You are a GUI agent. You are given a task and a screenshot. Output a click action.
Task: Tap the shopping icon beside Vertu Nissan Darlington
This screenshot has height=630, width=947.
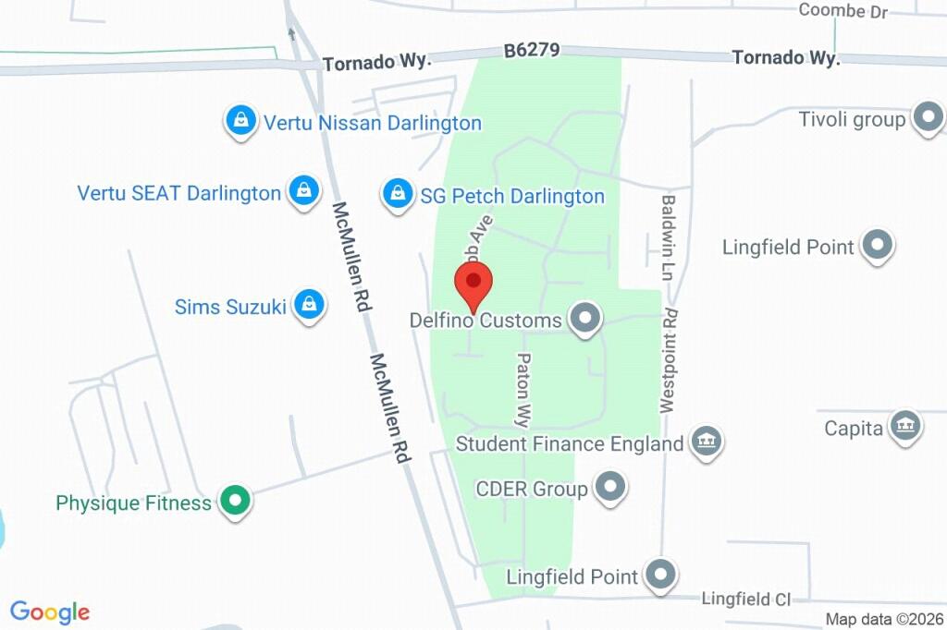[x=240, y=121]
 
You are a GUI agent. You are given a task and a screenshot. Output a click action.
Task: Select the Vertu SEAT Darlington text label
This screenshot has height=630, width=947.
[x=178, y=193]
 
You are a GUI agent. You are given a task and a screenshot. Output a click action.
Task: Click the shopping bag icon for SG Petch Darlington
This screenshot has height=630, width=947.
[x=398, y=195]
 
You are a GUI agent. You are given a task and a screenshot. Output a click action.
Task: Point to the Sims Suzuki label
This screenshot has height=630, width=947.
[x=230, y=307]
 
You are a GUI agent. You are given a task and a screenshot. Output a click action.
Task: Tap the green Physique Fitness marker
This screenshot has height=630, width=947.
[x=235, y=503]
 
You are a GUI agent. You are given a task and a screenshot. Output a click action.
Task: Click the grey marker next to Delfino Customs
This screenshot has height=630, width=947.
[x=584, y=320]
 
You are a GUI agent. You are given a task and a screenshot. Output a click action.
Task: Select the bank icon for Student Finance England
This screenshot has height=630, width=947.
[x=706, y=442]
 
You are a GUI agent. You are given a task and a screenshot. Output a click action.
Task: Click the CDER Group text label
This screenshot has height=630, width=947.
[x=531, y=488]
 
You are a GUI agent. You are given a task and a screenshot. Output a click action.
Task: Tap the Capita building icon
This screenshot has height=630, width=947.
[x=904, y=427]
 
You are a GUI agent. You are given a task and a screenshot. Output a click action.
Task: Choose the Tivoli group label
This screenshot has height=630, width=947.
[x=852, y=119]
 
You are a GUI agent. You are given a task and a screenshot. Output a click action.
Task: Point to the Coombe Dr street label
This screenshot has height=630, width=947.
[x=842, y=11]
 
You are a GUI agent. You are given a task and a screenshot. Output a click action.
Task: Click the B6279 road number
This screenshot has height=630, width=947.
[x=532, y=51]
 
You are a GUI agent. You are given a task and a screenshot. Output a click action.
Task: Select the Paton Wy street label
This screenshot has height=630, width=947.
[x=523, y=387]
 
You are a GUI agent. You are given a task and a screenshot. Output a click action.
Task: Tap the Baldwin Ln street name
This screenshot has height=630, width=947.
[x=668, y=237]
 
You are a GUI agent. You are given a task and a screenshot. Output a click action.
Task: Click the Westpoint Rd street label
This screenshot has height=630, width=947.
[x=669, y=359]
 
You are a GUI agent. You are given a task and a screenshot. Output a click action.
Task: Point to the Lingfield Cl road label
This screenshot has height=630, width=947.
[x=745, y=600]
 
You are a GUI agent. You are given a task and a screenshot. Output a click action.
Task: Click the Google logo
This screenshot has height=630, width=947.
[x=50, y=612]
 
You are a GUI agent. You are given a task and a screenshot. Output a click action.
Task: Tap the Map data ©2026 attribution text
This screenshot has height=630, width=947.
[x=885, y=619]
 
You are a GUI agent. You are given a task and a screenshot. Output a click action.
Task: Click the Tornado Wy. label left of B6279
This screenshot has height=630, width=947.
[x=377, y=63]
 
